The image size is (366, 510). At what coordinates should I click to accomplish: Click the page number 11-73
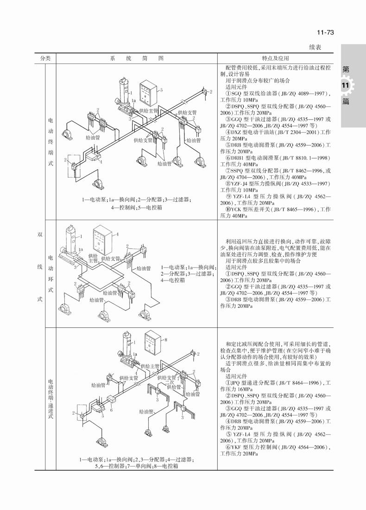click(325, 32)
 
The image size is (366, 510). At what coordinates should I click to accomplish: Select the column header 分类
click(45, 58)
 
